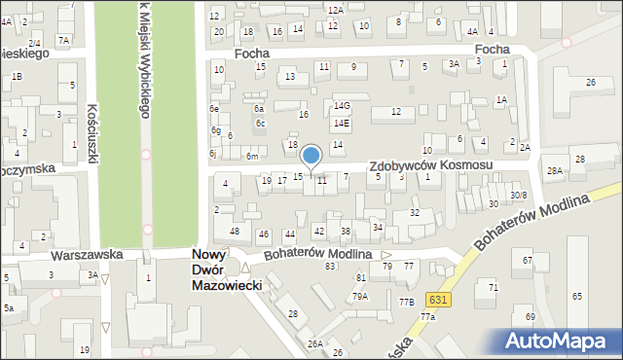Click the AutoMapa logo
point(560,341)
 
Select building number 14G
point(341,105)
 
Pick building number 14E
point(340,124)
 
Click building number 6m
point(251,157)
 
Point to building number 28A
point(554,171)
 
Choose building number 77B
point(405,302)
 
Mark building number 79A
point(360,296)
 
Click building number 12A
point(335,10)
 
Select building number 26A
point(314,343)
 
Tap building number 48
point(235,231)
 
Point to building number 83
point(330,266)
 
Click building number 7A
point(63,40)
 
